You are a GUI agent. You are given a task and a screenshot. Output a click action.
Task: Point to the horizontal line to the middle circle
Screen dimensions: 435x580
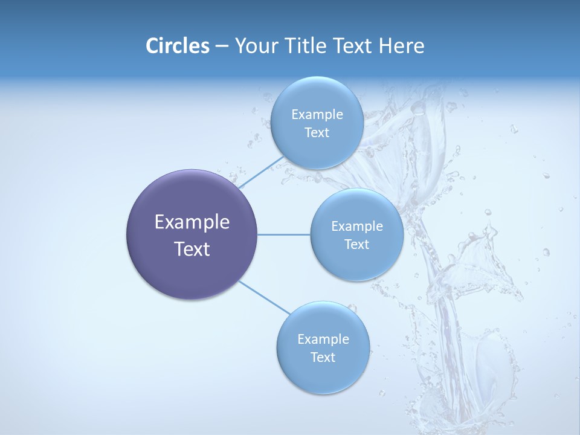tap(284, 234)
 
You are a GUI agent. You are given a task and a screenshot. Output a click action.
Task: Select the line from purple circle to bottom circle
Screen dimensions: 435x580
tap(263, 297)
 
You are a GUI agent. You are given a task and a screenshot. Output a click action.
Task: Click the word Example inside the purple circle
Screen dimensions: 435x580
tap(192, 222)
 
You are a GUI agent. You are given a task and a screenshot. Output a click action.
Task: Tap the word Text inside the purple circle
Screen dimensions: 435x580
tap(192, 249)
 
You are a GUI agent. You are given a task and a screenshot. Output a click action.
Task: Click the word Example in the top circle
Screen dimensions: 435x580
tap(317, 115)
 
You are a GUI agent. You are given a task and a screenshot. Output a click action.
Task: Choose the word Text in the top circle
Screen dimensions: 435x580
tap(317, 133)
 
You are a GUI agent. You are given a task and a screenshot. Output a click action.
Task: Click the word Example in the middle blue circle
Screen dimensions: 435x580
tap(357, 227)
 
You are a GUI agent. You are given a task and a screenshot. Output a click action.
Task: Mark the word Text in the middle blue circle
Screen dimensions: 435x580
tap(356, 245)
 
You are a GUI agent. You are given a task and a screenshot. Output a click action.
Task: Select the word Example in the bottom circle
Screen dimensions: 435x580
tap(323, 340)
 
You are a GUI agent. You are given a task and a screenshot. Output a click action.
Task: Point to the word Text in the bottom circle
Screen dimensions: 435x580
tap(323, 358)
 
